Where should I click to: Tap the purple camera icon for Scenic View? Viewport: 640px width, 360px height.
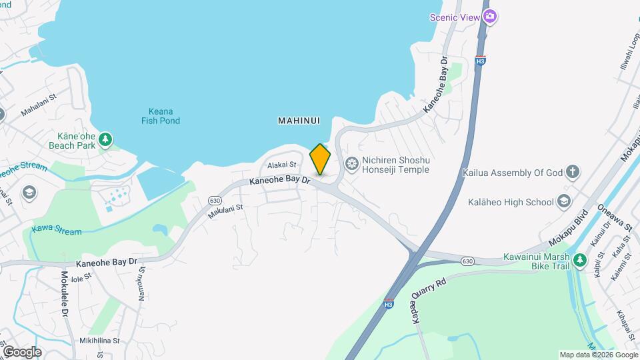491,16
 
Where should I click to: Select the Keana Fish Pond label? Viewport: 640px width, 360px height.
161,116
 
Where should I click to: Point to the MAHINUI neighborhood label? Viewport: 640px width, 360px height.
299,121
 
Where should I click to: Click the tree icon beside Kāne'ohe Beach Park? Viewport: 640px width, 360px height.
105,139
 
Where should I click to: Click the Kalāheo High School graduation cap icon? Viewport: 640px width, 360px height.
564,201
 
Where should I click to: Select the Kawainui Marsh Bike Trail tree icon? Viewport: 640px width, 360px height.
581,259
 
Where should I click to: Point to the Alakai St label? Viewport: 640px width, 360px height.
281,165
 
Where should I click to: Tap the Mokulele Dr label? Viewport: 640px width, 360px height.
65,294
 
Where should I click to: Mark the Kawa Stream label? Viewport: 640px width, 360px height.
56,231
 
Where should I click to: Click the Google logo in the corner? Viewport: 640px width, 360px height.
22,351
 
